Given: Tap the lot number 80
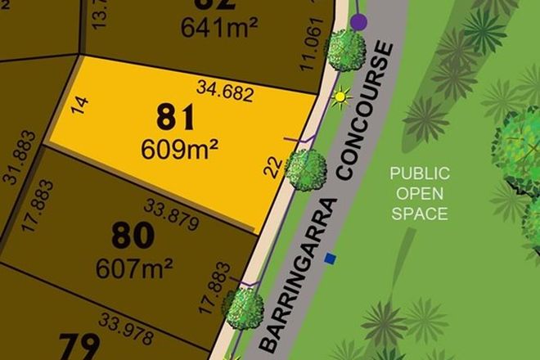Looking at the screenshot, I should [132, 236].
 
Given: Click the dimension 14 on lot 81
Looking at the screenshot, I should [79, 106].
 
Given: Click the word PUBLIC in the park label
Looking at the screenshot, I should [419, 173].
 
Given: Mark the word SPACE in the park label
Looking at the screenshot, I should [419, 214].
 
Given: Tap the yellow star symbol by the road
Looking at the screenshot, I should [340, 99].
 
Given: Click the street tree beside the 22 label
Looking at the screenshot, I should [306, 170].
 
